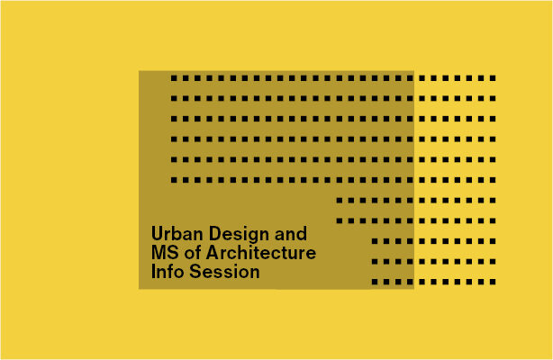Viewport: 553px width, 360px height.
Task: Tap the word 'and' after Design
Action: [x=291, y=233]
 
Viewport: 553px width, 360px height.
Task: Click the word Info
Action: [x=168, y=271]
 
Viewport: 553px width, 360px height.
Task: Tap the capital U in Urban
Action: [x=157, y=233]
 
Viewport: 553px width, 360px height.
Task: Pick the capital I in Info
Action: [x=154, y=271]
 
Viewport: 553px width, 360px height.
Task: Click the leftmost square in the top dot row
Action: [x=174, y=78]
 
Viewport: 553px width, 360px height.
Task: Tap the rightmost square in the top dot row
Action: [x=493, y=78]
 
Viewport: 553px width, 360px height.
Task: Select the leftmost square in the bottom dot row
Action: [x=375, y=282]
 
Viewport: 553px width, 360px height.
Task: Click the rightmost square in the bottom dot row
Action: [x=493, y=282]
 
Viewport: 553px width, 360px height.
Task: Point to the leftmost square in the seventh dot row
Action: [x=340, y=200]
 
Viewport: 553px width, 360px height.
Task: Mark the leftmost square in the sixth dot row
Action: [x=174, y=180]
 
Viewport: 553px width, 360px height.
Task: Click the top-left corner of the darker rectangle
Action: [x=140, y=72]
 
